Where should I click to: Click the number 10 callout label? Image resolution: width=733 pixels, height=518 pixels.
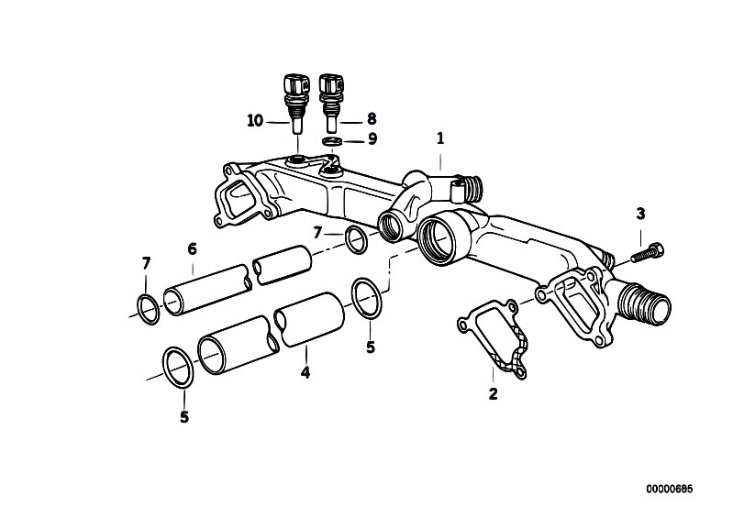pos(254,120)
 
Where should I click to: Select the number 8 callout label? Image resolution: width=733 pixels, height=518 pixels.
pos(372,118)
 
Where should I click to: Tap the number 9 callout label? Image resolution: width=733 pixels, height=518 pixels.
pos(372,139)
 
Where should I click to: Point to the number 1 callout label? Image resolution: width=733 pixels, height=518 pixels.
pos(440,138)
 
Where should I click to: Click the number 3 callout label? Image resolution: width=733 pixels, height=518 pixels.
pos(640,214)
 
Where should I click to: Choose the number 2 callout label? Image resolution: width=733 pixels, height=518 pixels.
pos(493,394)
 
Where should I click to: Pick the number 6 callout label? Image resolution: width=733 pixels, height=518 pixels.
pos(192,248)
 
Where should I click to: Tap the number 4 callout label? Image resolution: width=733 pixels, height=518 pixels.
pos(305,372)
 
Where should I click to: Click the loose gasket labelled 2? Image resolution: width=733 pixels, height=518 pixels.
pos(494,339)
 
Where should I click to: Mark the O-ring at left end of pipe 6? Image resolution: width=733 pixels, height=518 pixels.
pos(147,306)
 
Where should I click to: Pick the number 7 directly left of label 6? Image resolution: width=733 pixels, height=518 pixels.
pos(145,265)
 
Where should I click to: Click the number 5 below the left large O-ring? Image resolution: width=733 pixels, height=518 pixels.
pos(183,416)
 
